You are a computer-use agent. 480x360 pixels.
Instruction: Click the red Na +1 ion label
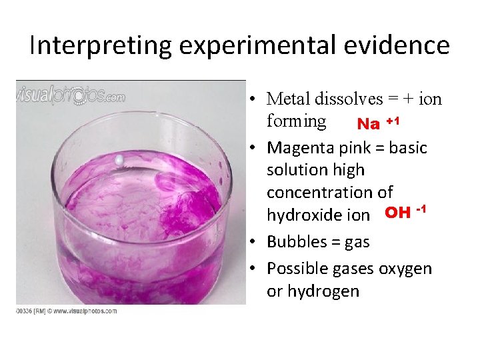pyautogui.click(x=378, y=123)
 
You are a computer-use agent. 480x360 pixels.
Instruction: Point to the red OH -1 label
pyautogui.click(x=405, y=213)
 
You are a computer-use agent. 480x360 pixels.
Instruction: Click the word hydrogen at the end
pyautogui.click(x=313, y=291)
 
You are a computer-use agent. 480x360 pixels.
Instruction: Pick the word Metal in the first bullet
pyautogui.click(x=288, y=99)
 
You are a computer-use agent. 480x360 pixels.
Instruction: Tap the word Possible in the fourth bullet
pyautogui.click(x=299, y=268)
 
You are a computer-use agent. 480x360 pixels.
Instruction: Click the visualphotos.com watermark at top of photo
pyautogui.click(x=71, y=96)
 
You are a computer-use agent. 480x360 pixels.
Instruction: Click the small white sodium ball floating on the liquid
pyautogui.click(x=119, y=161)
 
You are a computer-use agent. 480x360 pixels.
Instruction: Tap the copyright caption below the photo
pyautogui.click(x=67, y=311)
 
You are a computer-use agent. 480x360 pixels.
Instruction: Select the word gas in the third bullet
pyautogui.click(x=357, y=242)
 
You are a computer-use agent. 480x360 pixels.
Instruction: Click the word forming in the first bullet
pyautogui.click(x=296, y=121)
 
